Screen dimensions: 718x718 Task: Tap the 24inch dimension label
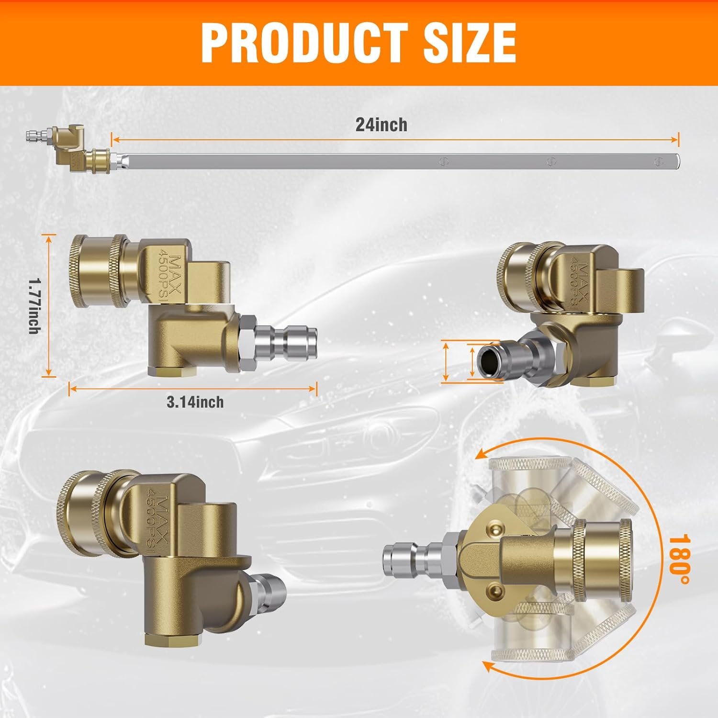point(381,124)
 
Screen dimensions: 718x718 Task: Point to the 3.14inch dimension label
point(195,402)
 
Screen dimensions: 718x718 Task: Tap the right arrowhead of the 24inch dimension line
point(675,139)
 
